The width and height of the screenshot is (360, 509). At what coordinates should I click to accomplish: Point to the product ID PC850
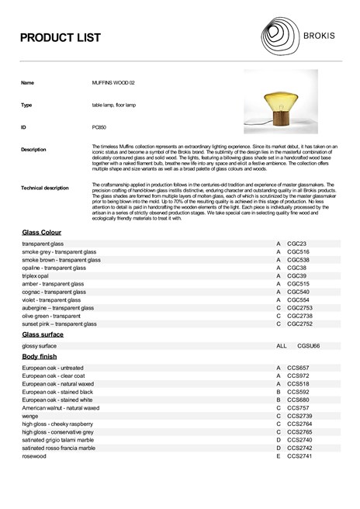point(99,125)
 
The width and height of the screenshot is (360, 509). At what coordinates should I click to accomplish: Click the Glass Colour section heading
point(42,233)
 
